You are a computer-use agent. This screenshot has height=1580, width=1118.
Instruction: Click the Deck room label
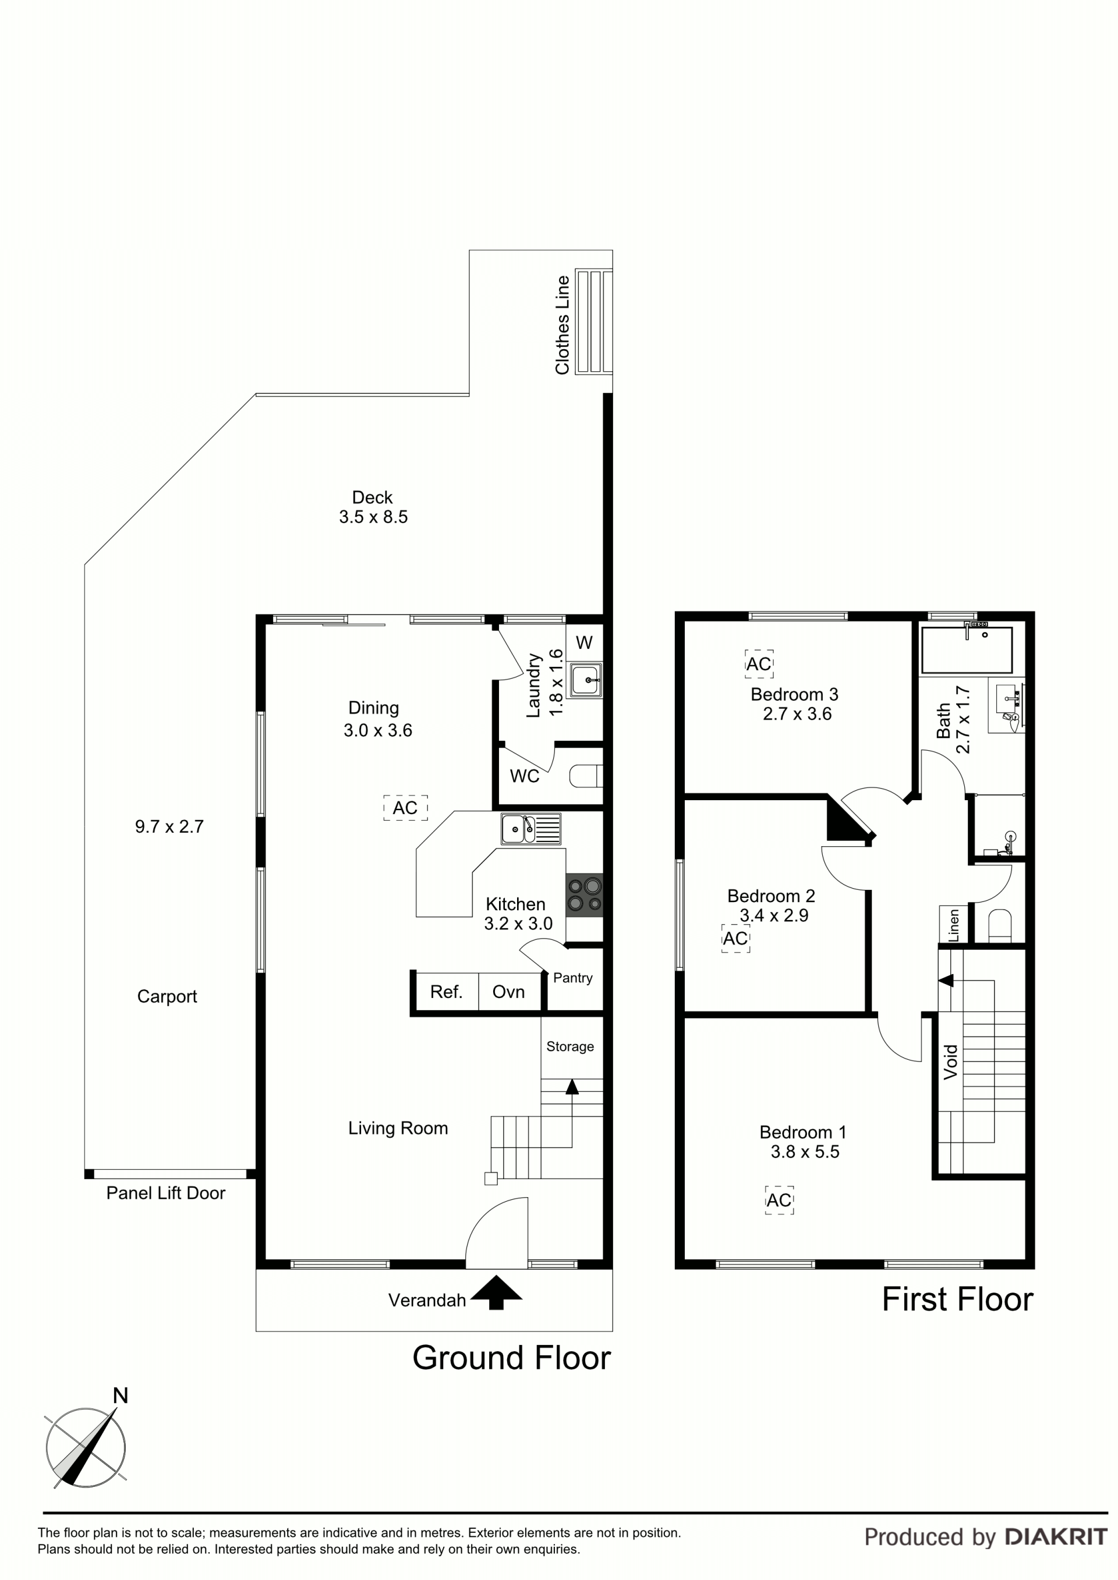(373, 498)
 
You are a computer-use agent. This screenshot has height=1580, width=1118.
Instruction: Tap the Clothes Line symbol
(593, 321)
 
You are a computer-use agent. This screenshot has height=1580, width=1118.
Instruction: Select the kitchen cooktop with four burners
(585, 894)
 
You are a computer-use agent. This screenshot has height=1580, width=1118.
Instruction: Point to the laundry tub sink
(586, 680)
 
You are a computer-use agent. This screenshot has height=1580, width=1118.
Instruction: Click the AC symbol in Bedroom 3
(759, 664)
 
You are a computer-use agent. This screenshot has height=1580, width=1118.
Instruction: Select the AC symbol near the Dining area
(405, 808)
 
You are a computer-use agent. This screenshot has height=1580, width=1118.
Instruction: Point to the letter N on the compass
(121, 1396)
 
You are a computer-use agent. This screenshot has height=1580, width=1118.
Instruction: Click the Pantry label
(573, 978)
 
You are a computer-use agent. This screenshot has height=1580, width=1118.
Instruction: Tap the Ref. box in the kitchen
(445, 992)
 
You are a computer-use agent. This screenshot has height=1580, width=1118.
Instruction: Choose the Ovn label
(508, 992)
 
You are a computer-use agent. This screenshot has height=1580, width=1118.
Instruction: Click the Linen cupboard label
(953, 925)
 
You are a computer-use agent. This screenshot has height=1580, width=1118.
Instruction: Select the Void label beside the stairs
(951, 1063)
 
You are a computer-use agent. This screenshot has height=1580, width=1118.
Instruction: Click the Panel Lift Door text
(166, 1192)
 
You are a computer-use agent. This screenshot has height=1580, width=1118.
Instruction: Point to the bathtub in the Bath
(967, 649)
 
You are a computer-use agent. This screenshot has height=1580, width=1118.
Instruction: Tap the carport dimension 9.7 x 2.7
(169, 826)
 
